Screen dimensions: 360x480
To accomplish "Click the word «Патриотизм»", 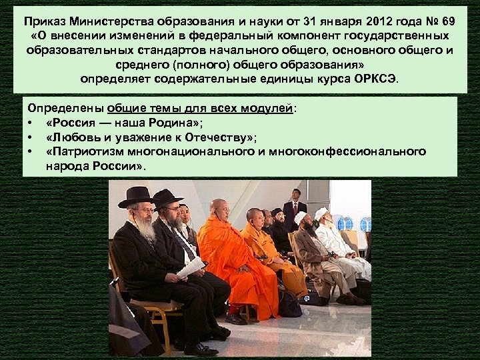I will coord(86,152).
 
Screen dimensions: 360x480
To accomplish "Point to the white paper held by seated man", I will coord(191,267).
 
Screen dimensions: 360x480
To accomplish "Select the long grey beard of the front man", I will coord(145,231).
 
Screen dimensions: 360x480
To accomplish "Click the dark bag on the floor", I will coord(289,304).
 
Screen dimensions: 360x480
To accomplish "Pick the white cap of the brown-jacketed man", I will coord(301,217).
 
